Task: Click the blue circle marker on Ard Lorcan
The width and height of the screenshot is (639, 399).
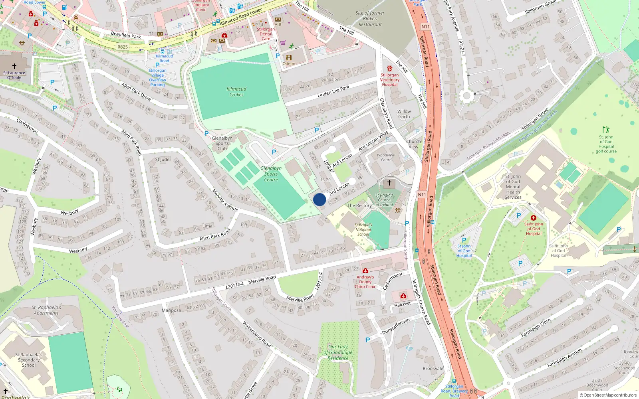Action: click(x=319, y=199)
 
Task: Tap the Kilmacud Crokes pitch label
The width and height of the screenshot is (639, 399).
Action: click(x=236, y=92)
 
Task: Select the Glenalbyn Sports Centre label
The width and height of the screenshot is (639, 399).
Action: click(x=271, y=174)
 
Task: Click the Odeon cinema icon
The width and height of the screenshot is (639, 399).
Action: click(x=289, y=58)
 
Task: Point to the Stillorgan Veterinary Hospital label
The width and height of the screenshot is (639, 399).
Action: click(x=389, y=79)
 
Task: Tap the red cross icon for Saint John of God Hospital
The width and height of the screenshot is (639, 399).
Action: click(x=533, y=217)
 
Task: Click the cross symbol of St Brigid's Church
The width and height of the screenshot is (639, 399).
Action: click(x=389, y=183)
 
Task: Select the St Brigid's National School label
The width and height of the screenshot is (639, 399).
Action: click(x=363, y=229)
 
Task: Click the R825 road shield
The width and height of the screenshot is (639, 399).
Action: click(x=123, y=47)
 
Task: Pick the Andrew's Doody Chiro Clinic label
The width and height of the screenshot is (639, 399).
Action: click(x=365, y=282)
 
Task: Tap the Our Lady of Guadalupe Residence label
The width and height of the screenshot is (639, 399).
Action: click(x=338, y=352)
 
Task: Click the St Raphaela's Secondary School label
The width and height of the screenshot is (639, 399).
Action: click(x=29, y=359)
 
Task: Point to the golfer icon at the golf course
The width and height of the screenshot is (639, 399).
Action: click(x=606, y=130)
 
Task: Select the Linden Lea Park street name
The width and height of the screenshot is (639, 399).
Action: click(x=333, y=91)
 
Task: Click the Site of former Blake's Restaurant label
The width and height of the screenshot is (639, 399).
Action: click(x=370, y=18)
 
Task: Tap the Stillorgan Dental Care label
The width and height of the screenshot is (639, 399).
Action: click(x=266, y=34)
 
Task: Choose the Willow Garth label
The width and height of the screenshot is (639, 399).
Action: click(x=404, y=114)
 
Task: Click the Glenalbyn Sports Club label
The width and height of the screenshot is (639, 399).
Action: click(x=222, y=143)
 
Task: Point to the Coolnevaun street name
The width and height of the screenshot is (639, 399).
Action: click(x=27, y=125)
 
